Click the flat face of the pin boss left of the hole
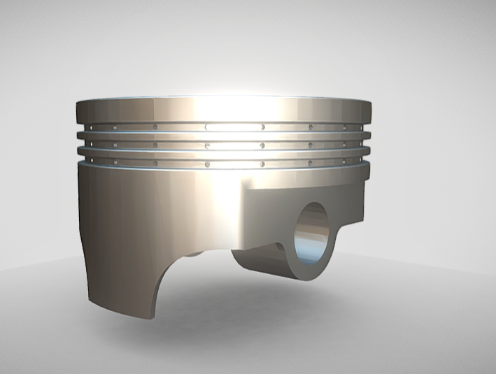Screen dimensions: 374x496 [269, 217]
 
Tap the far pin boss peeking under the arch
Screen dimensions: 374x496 [196, 253]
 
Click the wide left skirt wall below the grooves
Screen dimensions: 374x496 [133, 224]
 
